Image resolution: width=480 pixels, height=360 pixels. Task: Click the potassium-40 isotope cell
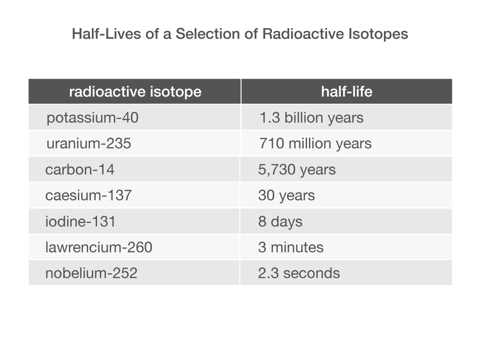click(92, 118)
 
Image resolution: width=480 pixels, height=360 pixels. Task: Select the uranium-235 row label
click(89, 143)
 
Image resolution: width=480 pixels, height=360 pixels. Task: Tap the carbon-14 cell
click(80, 169)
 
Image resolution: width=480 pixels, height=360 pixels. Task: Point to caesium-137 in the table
click(89, 195)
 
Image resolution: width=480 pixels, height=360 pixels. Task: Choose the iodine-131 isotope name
click(81, 221)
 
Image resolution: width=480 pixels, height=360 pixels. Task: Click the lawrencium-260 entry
click(99, 247)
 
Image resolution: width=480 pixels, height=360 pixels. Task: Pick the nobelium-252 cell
click(91, 273)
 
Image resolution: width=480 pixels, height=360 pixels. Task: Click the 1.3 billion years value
click(312, 118)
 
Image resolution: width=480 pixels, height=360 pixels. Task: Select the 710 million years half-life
click(315, 143)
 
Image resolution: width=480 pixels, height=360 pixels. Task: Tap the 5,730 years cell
click(297, 170)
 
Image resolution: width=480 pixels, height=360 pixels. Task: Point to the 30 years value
click(286, 195)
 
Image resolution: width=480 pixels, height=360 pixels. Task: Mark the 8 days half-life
click(280, 222)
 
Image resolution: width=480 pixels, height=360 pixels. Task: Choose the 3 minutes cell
click(291, 247)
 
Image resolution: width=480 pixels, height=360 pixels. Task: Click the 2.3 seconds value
click(299, 273)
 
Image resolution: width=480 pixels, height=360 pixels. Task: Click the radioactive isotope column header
click(135, 92)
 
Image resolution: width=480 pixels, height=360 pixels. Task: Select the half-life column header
click(347, 91)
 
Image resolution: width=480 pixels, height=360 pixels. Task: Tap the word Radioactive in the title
click(303, 34)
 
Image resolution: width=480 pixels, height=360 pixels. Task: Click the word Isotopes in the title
click(378, 34)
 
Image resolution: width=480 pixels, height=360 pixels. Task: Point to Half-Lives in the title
click(106, 34)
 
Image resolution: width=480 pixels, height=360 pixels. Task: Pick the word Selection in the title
click(208, 34)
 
